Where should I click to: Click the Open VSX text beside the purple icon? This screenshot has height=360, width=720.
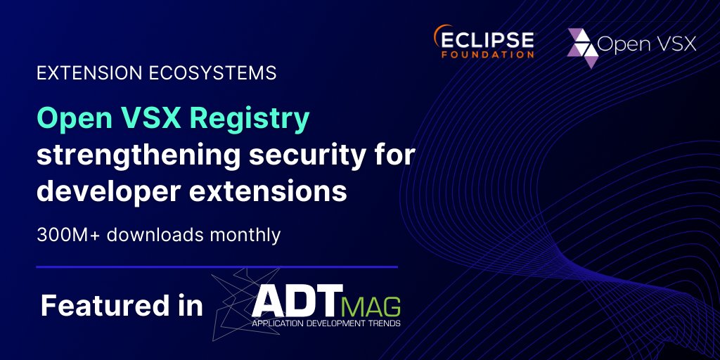(x=646, y=44)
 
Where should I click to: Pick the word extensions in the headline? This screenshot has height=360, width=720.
(x=268, y=191)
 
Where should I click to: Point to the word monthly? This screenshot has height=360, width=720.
(x=248, y=234)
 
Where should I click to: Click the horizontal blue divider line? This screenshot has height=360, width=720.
(x=217, y=266)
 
